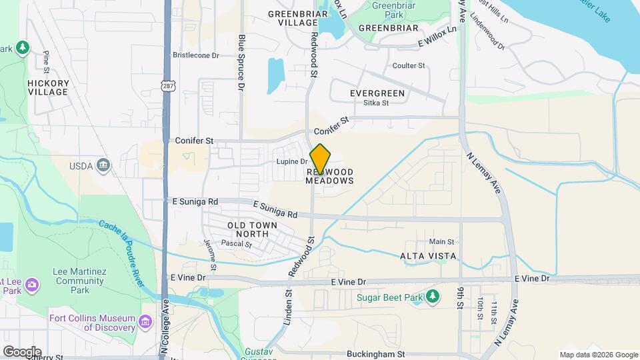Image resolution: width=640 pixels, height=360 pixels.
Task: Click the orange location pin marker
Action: click(x=321, y=159)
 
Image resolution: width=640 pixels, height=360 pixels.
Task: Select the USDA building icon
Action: click(x=103, y=165)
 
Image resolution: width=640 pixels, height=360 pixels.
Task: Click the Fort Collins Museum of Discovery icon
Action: click(x=145, y=323)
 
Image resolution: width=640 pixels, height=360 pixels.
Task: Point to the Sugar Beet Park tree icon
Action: click(x=433, y=296)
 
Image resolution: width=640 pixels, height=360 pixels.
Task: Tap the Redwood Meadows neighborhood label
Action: click(x=329, y=176)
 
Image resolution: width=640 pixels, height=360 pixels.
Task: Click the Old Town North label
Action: click(x=248, y=230)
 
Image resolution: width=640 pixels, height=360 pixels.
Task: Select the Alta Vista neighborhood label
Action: click(x=428, y=256)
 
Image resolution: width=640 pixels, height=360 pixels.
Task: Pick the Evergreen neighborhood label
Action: click(x=377, y=93)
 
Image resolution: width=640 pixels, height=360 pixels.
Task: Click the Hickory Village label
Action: click(x=48, y=87)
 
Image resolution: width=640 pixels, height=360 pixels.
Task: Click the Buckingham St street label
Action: click(x=376, y=354)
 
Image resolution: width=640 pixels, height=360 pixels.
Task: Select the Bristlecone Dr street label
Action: click(x=196, y=55)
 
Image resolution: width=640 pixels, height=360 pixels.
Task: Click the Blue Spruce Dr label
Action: click(x=242, y=63)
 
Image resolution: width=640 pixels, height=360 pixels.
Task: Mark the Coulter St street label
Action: click(x=409, y=65)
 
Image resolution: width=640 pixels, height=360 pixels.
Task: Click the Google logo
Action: click(x=21, y=352)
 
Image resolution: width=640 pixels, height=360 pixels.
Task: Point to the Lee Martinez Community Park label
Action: click(x=79, y=281)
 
